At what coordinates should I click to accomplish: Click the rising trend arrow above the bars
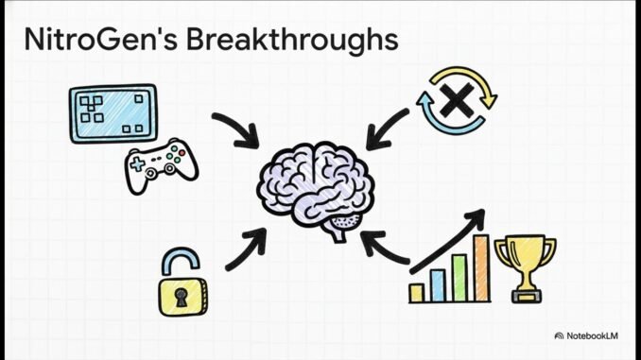pos(449,241)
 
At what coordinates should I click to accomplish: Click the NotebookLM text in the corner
pos(597,335)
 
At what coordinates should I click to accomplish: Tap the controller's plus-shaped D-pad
pos(138,164)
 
